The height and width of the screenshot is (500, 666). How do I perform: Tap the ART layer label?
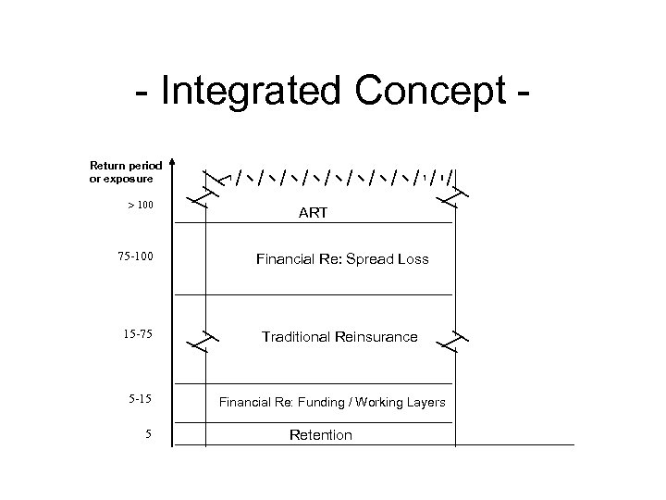click(313, 213)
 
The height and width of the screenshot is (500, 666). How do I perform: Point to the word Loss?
click(413, 259)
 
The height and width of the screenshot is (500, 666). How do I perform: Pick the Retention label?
click(320, 434)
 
